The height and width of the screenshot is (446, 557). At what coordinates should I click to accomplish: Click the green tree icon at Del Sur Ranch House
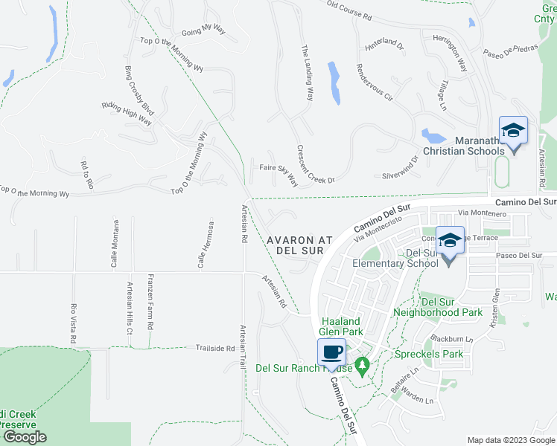point(363,366)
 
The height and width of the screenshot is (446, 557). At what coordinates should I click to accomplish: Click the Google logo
point(24,437)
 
